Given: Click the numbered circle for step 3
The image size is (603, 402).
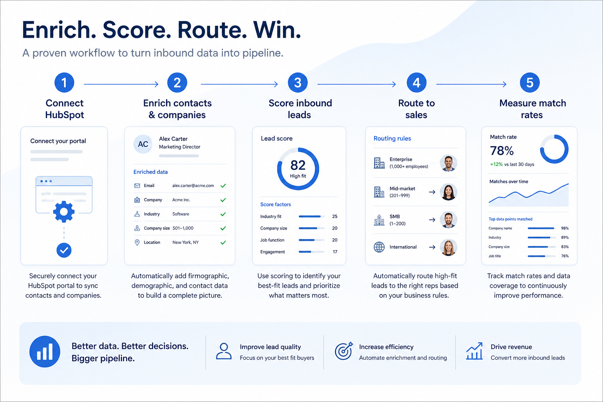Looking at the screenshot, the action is click(x=298, y=82).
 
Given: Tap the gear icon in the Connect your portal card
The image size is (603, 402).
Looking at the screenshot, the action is click(x=64, y=212).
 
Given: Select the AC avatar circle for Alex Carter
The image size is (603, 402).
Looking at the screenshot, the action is click(x=143, y=144).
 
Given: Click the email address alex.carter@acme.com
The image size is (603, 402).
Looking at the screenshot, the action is click(x=193, y=186).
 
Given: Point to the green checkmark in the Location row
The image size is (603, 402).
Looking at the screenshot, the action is click(x=223, y=243).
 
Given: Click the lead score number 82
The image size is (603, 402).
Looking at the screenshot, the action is click(x=298, y=165).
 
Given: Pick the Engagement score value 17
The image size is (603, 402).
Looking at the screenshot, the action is click(x=335, y=252).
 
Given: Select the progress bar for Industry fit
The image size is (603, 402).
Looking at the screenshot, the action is click(x=311, y=216).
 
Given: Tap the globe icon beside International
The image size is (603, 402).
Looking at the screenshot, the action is click(x=379, y=247).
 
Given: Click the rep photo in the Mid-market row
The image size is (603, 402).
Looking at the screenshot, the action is click(x=448, y=192).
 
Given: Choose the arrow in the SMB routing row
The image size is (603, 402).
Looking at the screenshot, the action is click(x=432, y=220).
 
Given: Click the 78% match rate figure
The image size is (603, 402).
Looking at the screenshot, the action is click(x=502, y=151).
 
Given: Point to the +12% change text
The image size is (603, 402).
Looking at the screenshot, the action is click(x=496, y=164).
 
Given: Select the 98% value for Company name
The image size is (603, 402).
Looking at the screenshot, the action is click(x=565, y=228).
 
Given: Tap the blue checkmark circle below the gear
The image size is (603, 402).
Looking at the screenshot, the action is click(x=64, y=250).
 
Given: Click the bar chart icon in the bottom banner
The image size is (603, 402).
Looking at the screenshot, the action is click(x=45, y=351).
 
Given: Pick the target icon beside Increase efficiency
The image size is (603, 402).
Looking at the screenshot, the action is click(x=344, y=351).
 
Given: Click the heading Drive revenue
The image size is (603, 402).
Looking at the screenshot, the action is click(x=511, y=347).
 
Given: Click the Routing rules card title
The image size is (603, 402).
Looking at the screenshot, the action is click(x=392, y=139).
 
